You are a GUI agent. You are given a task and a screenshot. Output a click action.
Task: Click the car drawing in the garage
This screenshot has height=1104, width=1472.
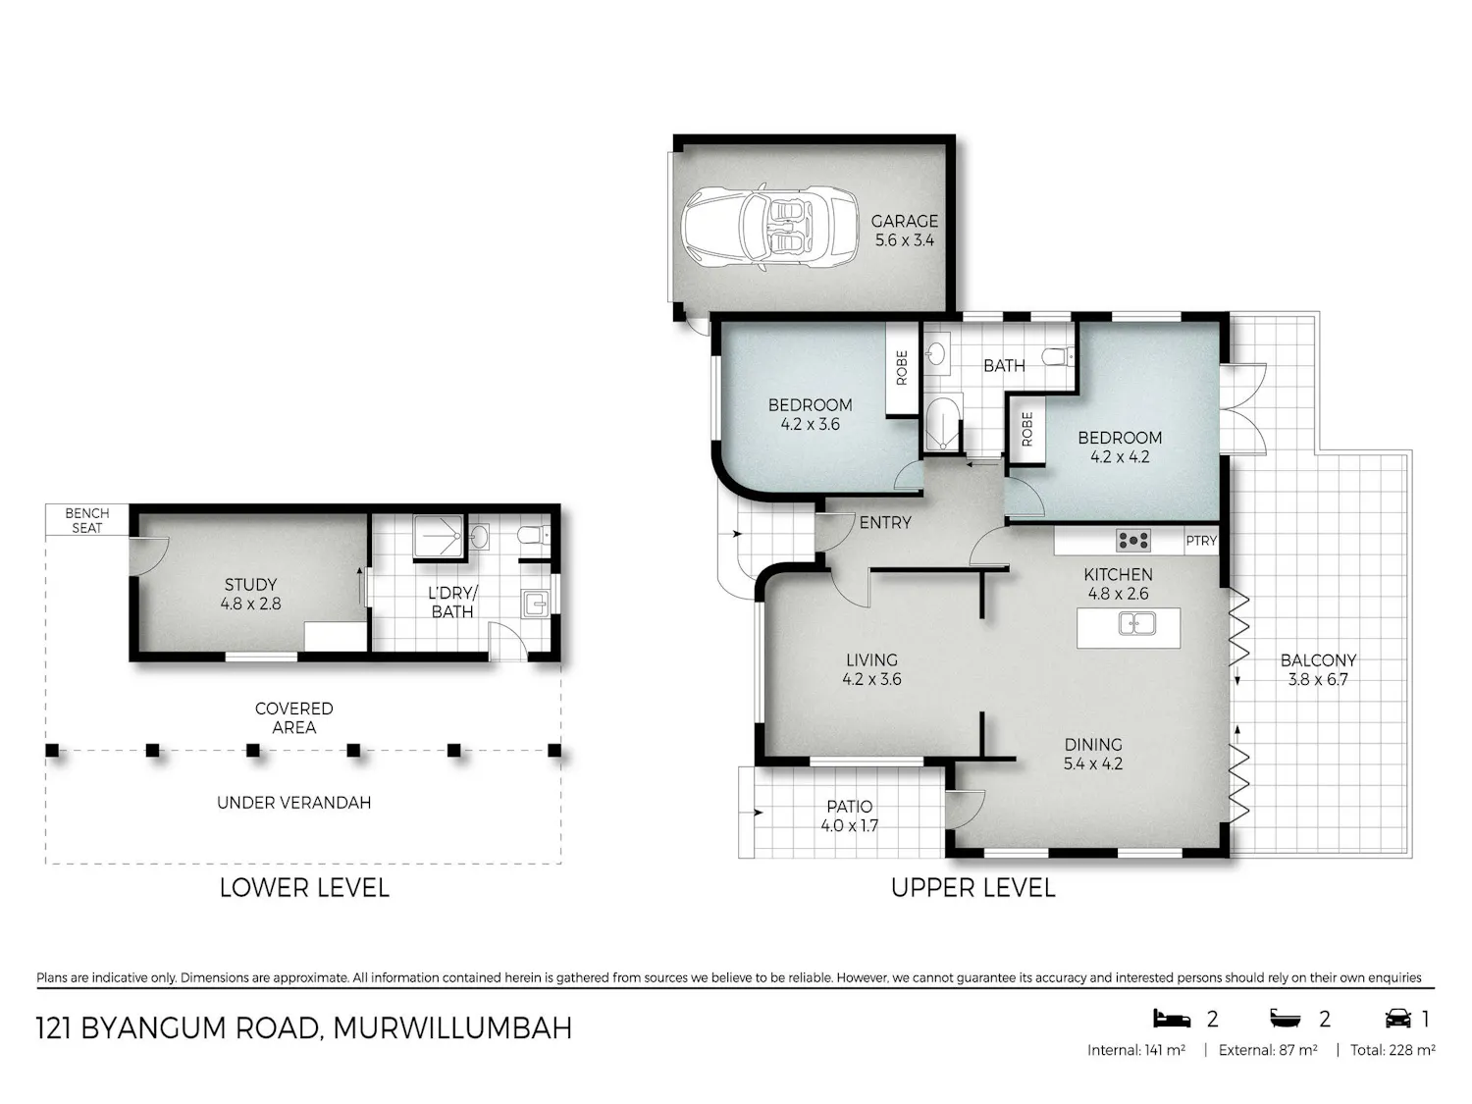[769, 228]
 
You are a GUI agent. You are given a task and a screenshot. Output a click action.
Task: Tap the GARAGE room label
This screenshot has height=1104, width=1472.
[904, 221]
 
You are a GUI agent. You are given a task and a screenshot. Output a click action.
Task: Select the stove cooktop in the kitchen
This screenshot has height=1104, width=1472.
[1132, 540]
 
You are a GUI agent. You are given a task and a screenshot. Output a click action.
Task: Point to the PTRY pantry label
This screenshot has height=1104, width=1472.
[1200, 541]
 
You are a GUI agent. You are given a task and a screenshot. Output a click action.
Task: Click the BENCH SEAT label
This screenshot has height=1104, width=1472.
[87, 520]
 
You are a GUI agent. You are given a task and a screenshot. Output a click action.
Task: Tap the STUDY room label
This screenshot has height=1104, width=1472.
[251, 585]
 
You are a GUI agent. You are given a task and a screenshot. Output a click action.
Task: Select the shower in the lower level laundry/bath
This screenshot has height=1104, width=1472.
[438, 536]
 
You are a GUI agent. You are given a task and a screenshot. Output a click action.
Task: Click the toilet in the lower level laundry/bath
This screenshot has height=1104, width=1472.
[534, 535]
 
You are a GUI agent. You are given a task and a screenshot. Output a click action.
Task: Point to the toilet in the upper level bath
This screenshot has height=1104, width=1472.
[1059, 356]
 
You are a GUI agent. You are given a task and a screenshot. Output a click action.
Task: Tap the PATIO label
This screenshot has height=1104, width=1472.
[849, 807]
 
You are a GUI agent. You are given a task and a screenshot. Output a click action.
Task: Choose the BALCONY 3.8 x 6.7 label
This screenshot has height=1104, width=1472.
[1318, 669]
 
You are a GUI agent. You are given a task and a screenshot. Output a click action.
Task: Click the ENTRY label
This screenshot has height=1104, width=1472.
[885, 523]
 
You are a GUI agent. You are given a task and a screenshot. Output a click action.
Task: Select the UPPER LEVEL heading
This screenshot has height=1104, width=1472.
[973, 887]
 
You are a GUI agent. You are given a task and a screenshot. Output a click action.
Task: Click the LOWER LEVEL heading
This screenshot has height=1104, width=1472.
[304, 887]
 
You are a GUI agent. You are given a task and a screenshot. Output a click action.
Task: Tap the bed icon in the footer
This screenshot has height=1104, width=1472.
[1172, 1019]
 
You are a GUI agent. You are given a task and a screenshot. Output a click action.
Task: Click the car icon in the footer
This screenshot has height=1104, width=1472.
[1398, 1019]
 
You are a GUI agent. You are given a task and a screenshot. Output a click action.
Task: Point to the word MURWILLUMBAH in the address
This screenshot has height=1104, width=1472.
[452, 1028]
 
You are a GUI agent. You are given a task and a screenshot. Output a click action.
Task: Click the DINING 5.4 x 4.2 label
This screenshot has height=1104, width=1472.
[1093, 754]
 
